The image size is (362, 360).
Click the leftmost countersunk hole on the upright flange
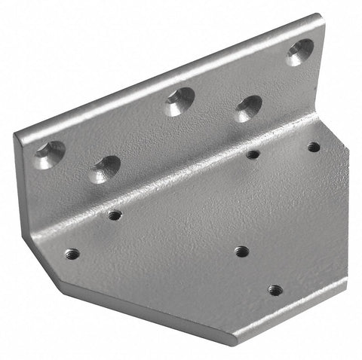49,154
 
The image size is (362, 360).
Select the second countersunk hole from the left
106,168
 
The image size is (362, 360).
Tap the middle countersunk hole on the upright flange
179,101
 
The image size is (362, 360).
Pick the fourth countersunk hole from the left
249,108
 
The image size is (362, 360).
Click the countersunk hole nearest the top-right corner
299,51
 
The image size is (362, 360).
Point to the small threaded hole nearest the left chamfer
72,254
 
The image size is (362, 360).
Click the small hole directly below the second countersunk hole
115,215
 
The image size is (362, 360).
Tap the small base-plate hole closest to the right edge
313,147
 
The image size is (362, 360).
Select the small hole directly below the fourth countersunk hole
253,154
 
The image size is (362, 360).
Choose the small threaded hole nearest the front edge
275,289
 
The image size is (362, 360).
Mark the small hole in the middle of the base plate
241,251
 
